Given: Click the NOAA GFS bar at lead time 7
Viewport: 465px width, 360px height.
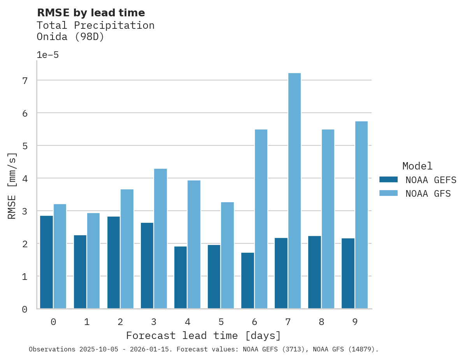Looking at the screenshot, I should coord(294,191).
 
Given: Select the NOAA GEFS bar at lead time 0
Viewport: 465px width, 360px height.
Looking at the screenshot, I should coord(46,262).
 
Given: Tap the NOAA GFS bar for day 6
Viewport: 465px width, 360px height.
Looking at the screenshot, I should coord(261,219).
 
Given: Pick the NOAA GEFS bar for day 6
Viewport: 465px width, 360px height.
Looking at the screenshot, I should coord(247,281).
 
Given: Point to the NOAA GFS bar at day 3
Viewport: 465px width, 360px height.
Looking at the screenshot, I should coord(160,239).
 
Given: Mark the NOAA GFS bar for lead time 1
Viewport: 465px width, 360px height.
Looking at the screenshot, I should coord(93,261).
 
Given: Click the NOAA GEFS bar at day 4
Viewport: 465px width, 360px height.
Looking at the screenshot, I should coord(181,278).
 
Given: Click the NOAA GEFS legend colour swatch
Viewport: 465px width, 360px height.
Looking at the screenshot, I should coord(388,180).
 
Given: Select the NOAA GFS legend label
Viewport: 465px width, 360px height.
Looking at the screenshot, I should coord(428,194).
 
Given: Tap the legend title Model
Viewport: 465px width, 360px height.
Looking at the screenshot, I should coord(417,166).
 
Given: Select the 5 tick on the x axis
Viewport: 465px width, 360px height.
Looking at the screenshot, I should coord(221,322).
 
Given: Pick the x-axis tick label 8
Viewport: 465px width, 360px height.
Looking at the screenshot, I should coord(321,322).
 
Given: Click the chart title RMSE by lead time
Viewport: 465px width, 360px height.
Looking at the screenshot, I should coord(91,13).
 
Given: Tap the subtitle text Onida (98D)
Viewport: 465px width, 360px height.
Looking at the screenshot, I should coord(70,37).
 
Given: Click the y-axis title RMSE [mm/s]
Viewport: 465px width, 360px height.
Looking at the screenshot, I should coord(12,185).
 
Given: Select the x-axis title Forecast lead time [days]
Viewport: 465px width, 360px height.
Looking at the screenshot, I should coord(203,336).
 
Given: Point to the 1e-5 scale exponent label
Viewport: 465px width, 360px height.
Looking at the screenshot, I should coord(47,55).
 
